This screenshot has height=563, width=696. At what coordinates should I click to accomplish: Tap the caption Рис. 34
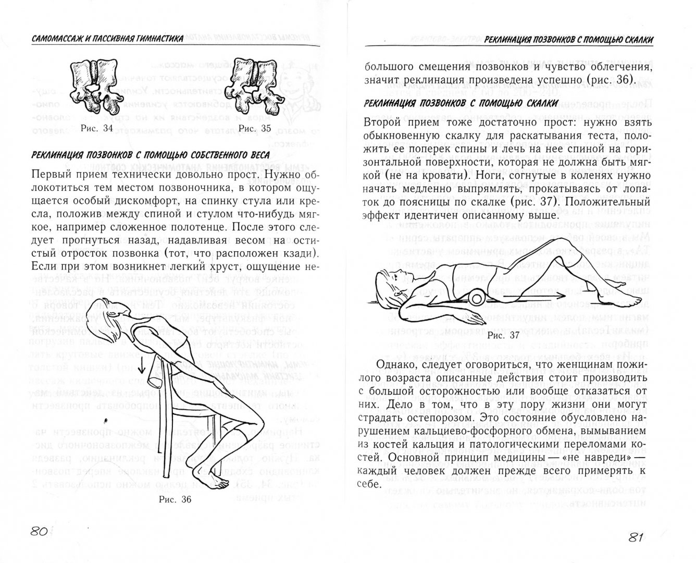(x=97, y=129)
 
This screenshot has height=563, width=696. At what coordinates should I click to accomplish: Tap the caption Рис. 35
(x=254, y=129)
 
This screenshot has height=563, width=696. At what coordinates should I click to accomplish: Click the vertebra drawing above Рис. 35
(x=253, y=83)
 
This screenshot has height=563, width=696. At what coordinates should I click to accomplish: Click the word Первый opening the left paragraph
(x=53, y=173)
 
